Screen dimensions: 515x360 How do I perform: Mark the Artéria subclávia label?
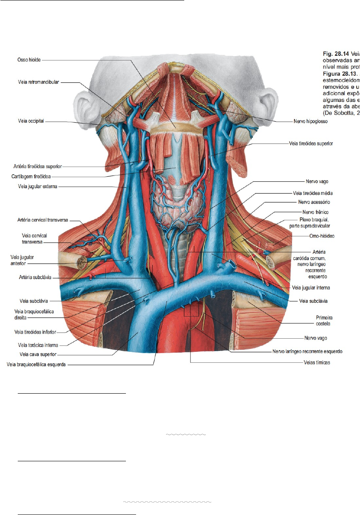[32, 277]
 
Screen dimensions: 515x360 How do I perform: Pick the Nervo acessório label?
[314, 202]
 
